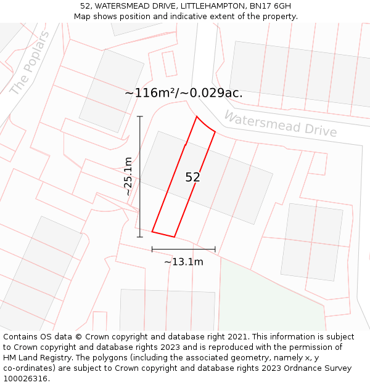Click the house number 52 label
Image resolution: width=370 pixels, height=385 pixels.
(192, 177)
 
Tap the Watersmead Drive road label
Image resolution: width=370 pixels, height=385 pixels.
(280, 124)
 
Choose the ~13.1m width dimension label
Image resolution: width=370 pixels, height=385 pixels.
(184, 262)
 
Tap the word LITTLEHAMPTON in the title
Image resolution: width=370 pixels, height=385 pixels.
(214, 6)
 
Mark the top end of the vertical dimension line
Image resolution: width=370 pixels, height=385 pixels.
(140, 116)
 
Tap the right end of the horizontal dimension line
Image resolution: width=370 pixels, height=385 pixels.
(215, 249)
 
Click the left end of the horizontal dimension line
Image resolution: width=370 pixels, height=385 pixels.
(152, 249)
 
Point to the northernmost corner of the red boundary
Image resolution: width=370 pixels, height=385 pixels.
(196, 116)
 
